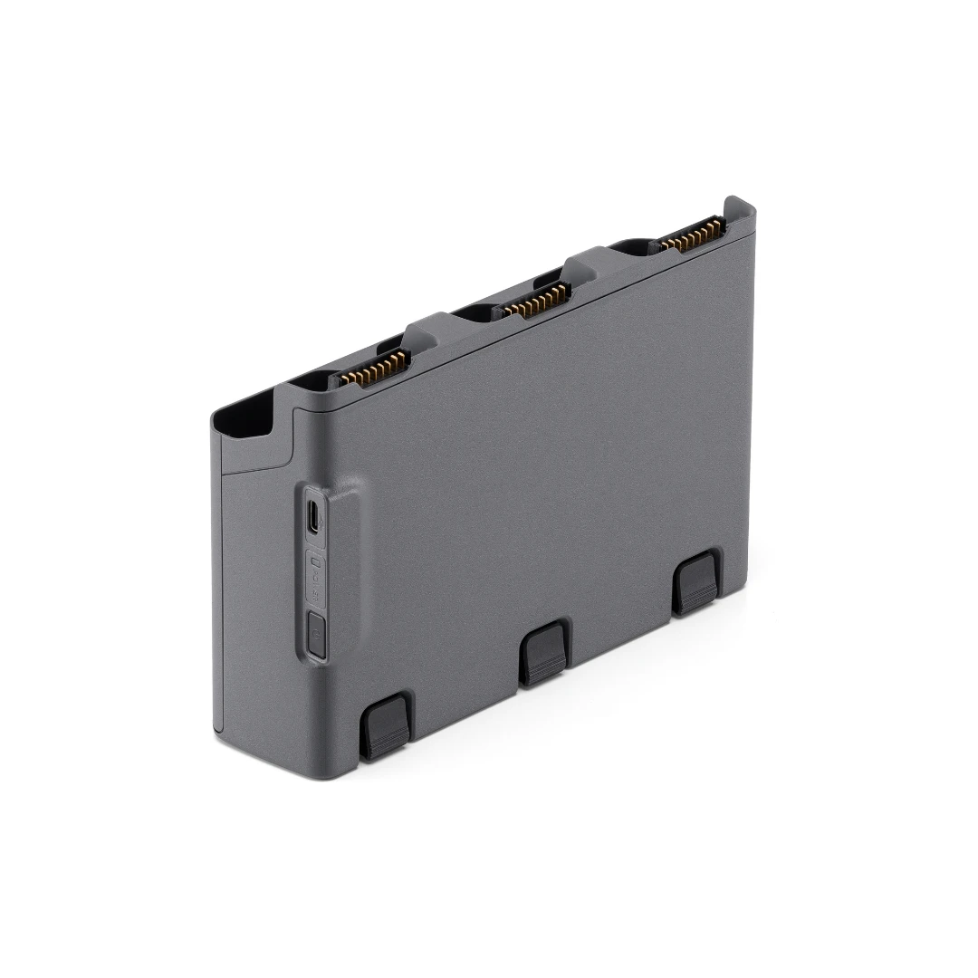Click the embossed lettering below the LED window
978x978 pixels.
click(315, 594)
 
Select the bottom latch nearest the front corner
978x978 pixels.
click(387, 725)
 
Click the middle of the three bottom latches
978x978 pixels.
click(543, 653)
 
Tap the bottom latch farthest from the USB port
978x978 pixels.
click(695, 580)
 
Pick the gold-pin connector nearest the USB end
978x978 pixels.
click(374, 368)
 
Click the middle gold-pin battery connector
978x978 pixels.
click(536, 300)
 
